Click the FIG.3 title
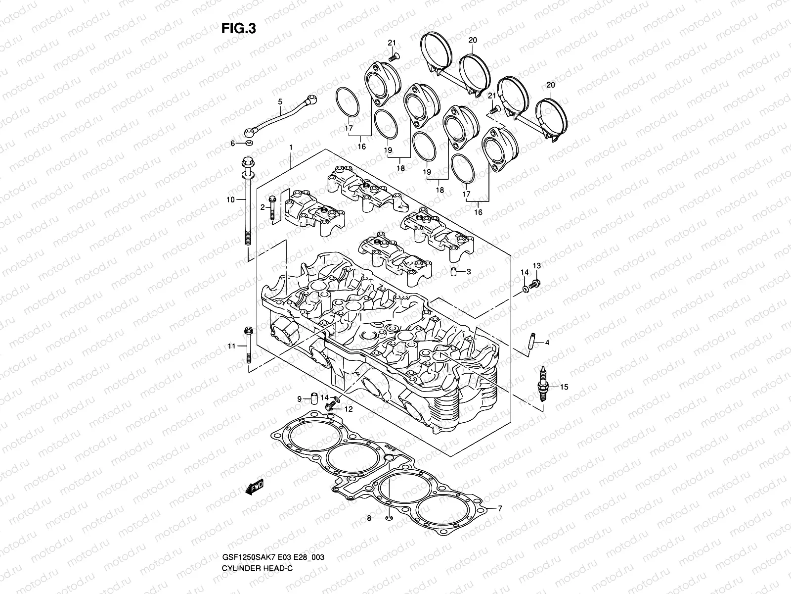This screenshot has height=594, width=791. click(x=238, y=29)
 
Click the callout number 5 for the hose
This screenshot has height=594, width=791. click(x=280, y=102)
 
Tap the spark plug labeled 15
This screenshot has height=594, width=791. click(x=544, y=389)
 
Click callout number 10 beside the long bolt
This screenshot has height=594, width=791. click(x=229, y=200)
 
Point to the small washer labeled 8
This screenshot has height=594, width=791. click(x=389, y=518)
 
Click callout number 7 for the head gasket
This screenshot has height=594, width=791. click(x=500, y=508)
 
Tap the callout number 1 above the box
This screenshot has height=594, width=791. click(x=291, y=148)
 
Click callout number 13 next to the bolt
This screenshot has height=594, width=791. click(x=537, y=266)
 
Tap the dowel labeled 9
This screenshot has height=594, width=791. click(x=313, y=398)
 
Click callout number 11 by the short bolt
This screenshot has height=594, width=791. click(x=230, y=346)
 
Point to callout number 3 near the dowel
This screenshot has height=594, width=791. click(x=468, y=271)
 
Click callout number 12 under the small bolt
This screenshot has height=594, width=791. click(x=349, y=409)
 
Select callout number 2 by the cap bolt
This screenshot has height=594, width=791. click(x=263, y=207)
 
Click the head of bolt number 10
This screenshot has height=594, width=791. click(x=247, y=163)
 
